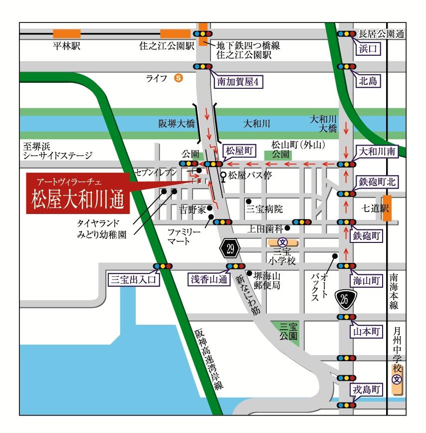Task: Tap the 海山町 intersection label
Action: [370, 280]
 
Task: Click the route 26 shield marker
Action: [345, 299]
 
